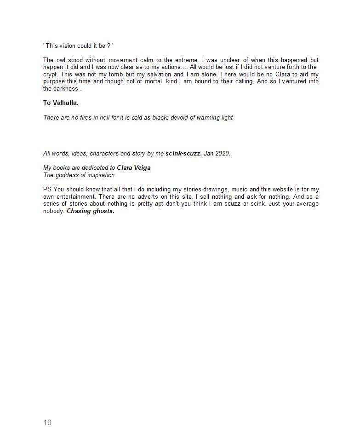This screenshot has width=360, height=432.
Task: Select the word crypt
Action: point(51,75)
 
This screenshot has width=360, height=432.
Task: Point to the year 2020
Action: point(223,154)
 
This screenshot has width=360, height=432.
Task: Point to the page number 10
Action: point(47,423)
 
